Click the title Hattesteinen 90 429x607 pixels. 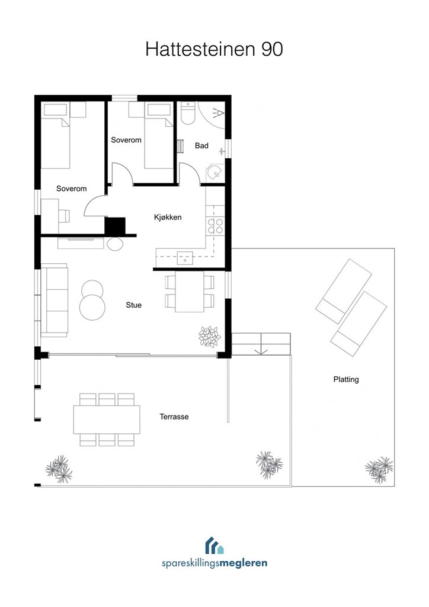click(x=214, y=49)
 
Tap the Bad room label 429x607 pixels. click(x=201, y=146)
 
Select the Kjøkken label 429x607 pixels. click(x=168, y=217)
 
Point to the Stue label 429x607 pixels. click(x=133, y=305)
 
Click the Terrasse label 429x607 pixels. click(x=174, y=417)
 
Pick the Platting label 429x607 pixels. click(x=346, y=379)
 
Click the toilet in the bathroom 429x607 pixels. click(x=188, y=113)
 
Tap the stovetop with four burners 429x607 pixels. click(x=216, y=226)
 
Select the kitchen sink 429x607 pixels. click(x=185, y=258)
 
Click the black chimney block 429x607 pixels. click(x=116, y=226)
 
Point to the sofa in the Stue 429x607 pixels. click(x=55, y=299)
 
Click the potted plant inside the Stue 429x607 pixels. click(x=210, y=337)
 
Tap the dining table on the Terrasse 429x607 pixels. click(x=107, y=419)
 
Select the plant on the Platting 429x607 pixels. click(x=379, y=469)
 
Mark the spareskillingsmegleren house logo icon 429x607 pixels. click(x=214, y=545)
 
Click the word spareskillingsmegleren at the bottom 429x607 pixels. click(x=214, y=563)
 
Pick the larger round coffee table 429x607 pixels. click(x=92, y=308)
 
